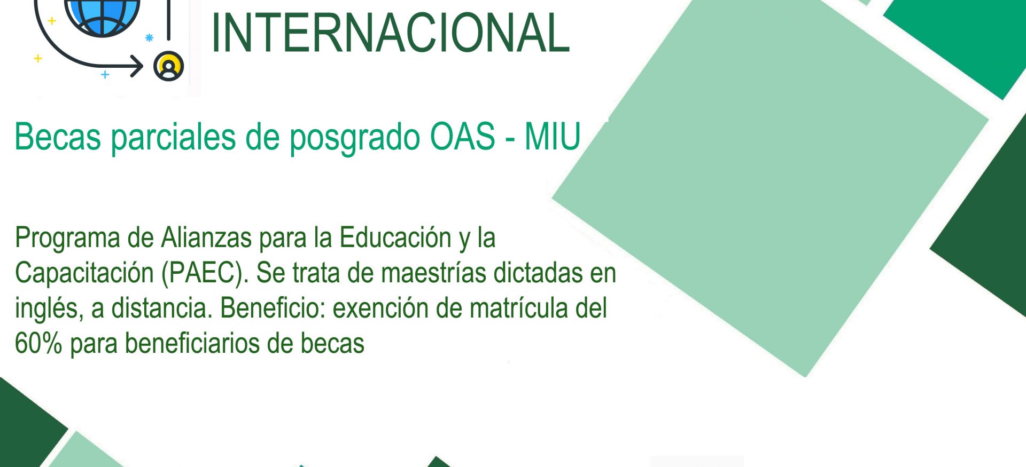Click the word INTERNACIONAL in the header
pos(391,33)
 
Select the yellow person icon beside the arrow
pos(169,66)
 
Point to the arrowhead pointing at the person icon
pos(137,67)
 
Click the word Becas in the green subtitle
pos(58,137)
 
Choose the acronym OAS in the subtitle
pos(463,137)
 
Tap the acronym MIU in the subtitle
pos(553,137)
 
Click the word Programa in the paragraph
pos(67,238)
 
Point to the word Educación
pos(395,238)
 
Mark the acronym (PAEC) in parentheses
pos(205,273)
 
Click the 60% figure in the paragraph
pos(38,343)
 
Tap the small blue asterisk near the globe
pos(150,37)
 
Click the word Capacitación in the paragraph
pos(84,273)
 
